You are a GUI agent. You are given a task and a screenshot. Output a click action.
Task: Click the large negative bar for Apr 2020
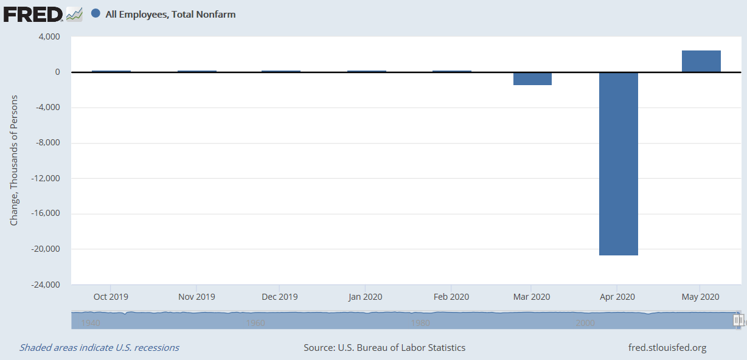click(x=619, y=164)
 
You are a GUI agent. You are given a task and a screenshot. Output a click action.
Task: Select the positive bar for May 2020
click(x=701, y=61)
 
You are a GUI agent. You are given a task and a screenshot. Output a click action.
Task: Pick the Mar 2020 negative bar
click(x=532, y=78)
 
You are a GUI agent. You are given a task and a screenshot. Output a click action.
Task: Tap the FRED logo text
click(x=33, y=15)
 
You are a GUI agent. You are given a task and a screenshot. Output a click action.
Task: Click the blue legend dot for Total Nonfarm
click(x=96, y=13)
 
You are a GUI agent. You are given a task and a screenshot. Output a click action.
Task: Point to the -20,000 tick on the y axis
click(x=46, y=249)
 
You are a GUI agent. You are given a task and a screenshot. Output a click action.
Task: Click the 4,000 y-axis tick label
click(x=49, y=36)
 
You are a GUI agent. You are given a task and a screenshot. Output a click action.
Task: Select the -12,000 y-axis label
click(x=46, y=178)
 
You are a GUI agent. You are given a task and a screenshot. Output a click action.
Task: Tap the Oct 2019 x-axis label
click(x=111, y=297)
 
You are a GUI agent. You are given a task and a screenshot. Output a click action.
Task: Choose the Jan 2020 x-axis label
click(x=365, y=297)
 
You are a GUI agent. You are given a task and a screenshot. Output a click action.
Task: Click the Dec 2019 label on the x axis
click(x=279, y=297)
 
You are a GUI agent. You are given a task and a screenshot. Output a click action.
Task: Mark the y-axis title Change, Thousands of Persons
click(x=13, y=161)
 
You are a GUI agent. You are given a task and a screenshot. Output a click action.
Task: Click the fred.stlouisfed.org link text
click(x=667, y=348)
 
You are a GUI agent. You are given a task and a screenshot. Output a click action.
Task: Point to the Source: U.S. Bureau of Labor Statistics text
click(x=384, y=348)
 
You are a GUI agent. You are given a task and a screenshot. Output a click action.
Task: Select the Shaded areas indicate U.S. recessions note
click(x=99, y=348)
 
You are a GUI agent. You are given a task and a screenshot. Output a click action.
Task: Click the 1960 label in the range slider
click(x=255, y=323)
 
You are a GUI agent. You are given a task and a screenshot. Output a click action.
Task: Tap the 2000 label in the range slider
click(x=585, y=323)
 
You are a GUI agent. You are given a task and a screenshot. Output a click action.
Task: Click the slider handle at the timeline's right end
click(x=737, y=320)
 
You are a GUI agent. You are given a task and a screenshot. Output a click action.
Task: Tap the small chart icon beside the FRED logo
click(x=74, y=15)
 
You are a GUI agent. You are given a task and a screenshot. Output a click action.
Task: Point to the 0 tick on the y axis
click(x=58, y=72)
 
